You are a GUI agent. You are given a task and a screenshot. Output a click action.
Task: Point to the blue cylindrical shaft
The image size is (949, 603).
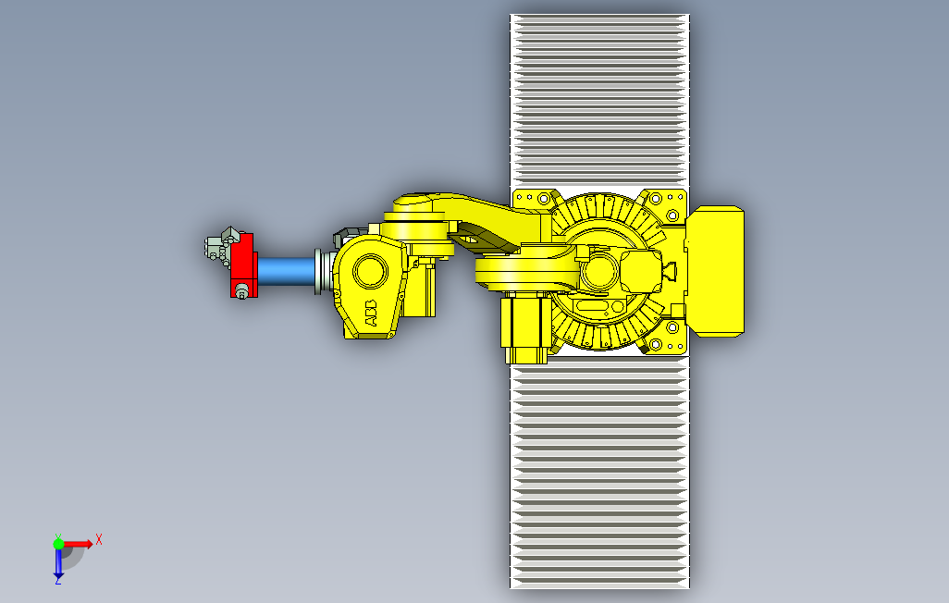pyautogui.click(x=287, y=271)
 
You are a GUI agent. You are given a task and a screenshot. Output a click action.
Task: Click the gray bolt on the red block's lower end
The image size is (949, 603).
pyautogui.click(x=241, y=291)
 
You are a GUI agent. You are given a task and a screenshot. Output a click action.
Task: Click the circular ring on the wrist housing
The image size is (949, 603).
pyautogui.click(x=370, y=271)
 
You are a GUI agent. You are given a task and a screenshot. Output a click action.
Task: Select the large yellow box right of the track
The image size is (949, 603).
pyautogui.click(x=715, y=271)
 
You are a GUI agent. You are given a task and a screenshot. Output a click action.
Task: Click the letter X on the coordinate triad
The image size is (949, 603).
pyautogui.click(x=99, y=539)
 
